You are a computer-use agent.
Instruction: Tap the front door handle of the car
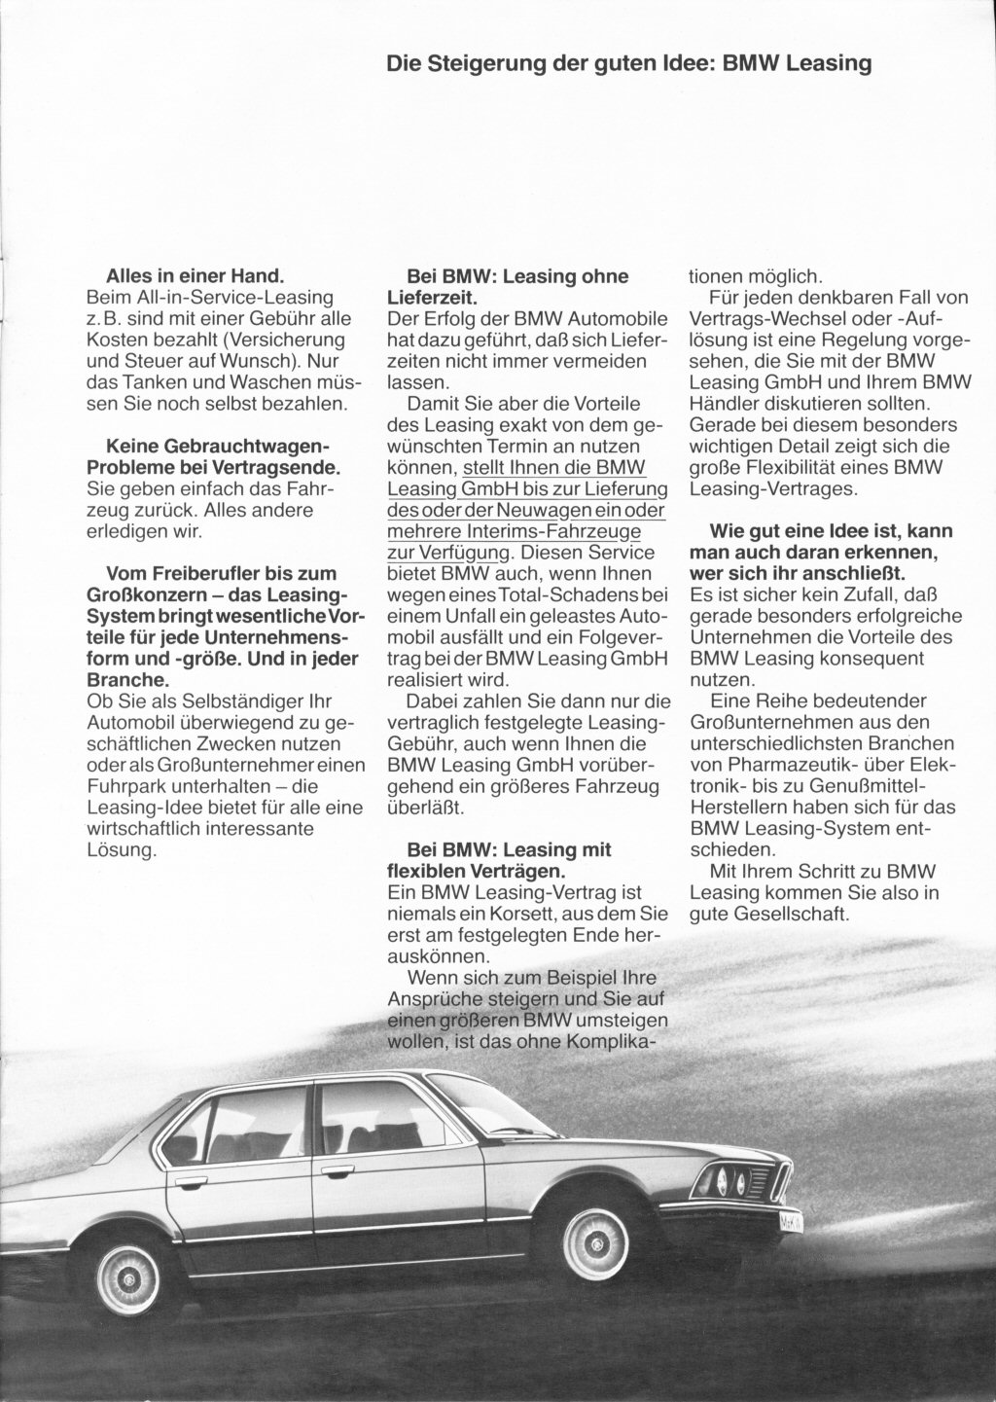[x=338, y=1168]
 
